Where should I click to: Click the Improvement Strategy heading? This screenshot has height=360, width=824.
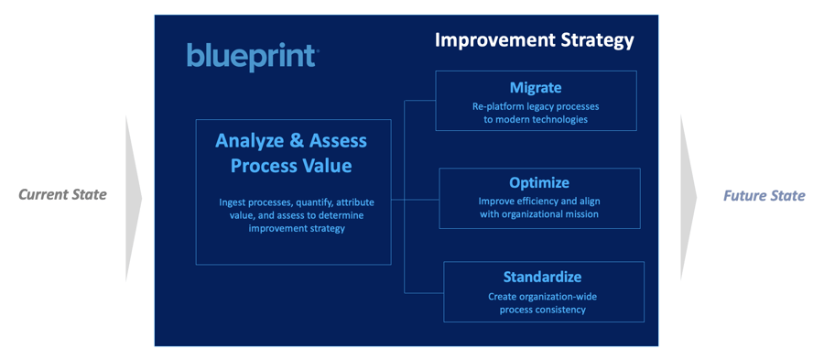[x=535, y=40]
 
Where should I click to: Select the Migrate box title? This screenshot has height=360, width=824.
[x=536, y=87]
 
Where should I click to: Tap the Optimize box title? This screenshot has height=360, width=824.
[x=539, y=182]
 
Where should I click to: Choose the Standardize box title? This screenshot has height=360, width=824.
[x=542, y=277]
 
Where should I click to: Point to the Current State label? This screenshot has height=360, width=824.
[x=62, y=195]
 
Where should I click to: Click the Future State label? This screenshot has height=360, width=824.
[x=764, y=196]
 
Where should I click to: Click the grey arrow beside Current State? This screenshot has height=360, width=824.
[x=134, y=198]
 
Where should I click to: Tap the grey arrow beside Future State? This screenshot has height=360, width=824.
[x=688, y=198]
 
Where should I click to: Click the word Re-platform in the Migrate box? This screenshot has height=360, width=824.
[x=496, y=106]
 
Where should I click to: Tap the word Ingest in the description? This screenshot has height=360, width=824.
[x=233, y=202]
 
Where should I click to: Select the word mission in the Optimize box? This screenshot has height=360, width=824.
[x=581, y=214]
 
